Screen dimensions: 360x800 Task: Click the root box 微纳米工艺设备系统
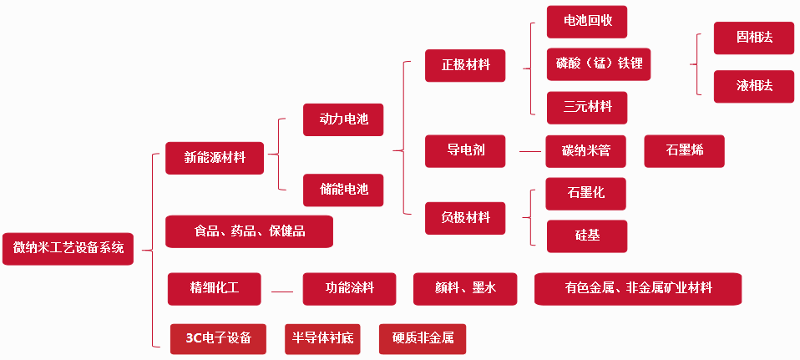click(68, 248)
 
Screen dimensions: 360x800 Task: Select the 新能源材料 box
click(215, 158)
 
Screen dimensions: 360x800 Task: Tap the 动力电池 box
click(342, 119)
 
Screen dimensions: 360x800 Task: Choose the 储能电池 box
click(342, 190)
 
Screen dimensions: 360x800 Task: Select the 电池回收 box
click(586, 21)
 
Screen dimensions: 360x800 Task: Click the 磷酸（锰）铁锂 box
click(598, 63)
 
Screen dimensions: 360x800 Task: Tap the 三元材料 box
click(586, 107)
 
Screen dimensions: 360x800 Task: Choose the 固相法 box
click(753, 38)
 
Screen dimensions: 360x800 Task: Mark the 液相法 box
click(753, 86)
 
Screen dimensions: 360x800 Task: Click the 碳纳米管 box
click(585, 151)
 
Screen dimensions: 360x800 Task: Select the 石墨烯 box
click(684, 151)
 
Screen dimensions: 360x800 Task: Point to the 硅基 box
click(586, 236)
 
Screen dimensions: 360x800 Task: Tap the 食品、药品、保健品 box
click(249, 231)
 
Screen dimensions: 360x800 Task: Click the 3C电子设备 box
click(218, 338)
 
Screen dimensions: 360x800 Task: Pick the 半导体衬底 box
click(322, 338)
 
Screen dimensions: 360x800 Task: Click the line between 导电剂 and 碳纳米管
click(530, 151)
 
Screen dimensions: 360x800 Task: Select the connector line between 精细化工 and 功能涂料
click(282, 292)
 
